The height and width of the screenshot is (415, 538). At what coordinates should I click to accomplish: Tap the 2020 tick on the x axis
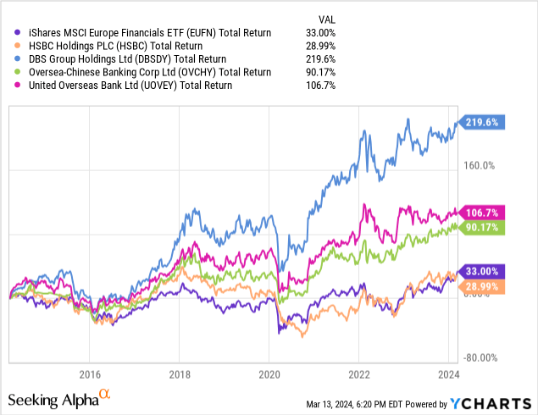coord(269,373)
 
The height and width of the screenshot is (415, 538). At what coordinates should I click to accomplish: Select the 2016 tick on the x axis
coord(89,373)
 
